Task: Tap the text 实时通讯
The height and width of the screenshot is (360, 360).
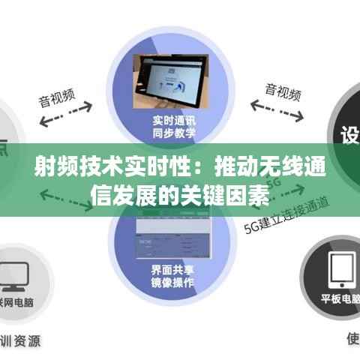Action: (174, 120)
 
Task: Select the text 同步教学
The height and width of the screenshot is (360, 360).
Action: (174, 133)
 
